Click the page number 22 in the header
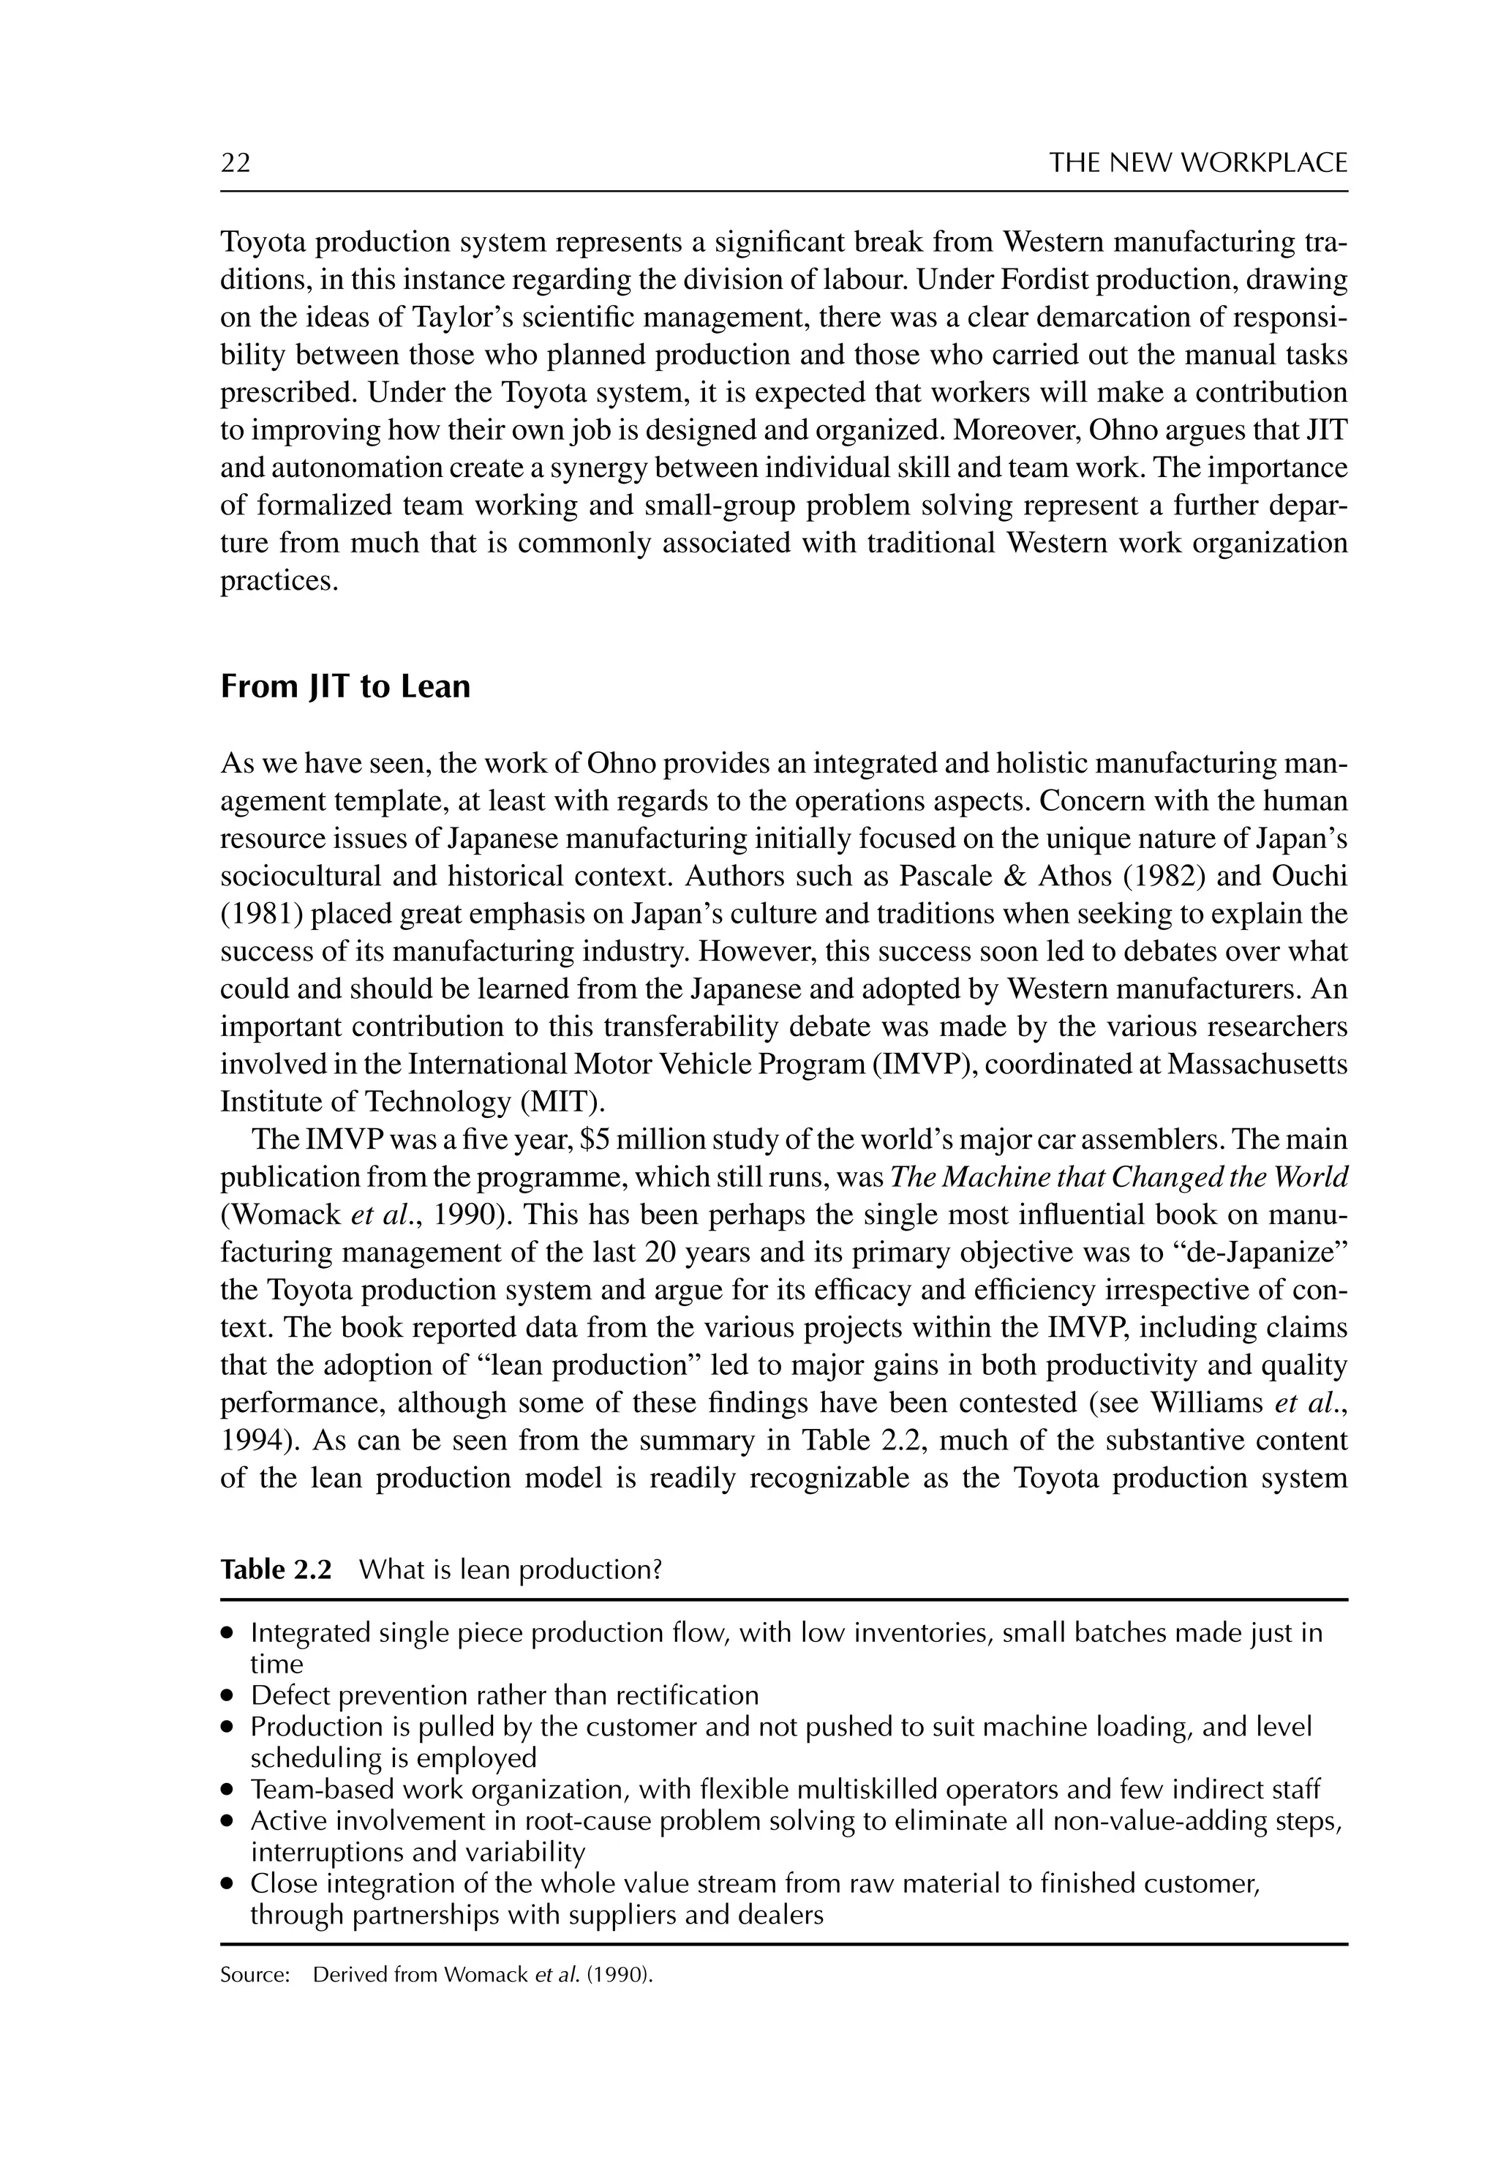[236, 163]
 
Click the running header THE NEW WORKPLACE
[1197, 163]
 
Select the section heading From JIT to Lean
[345, 687]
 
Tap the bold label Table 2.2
[276, 1569]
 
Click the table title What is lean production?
[511, 1569]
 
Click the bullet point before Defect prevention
[227, 1696]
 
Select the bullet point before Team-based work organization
[227, 1790]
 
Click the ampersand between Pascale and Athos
[1015, 877]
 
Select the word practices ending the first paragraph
[278, 582]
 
